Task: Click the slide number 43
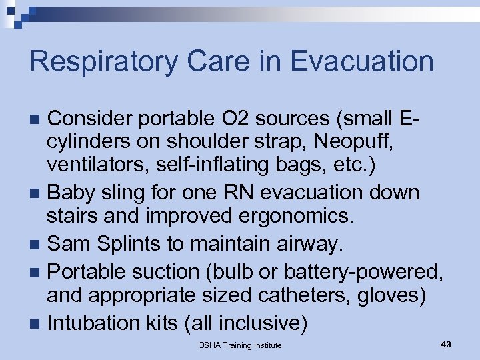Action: click(x=446, y=344)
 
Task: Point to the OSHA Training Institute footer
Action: click(x=239, y=345)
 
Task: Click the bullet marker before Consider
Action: click(x=37, y=120)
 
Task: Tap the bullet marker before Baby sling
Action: click(x=37, y=194)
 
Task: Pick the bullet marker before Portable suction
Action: click(x=37, y=272)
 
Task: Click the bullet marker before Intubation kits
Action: click(x=37, y=325)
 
